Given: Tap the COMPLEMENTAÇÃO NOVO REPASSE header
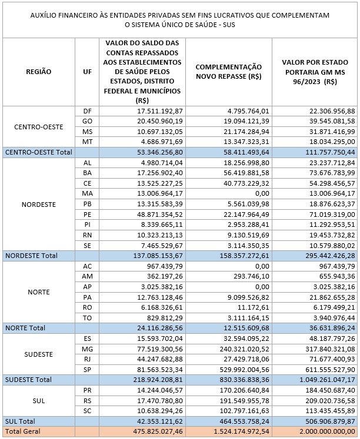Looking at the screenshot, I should [229, 72].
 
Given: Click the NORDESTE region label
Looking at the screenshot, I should [39, 205].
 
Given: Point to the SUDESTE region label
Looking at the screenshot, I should [39, 354].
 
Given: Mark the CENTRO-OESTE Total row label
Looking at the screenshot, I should [38, 152].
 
